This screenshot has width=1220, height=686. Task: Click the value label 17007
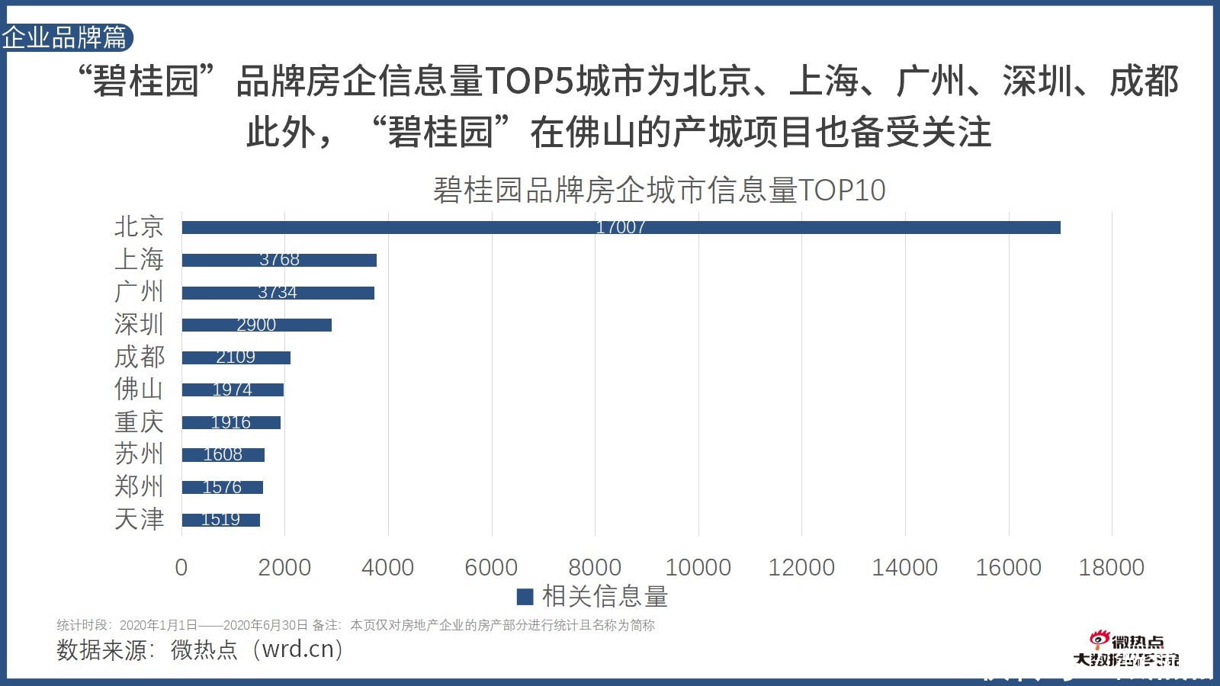click(621, 227)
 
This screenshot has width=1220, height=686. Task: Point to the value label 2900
click(256, 325)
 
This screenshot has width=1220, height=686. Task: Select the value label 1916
click(230, 422)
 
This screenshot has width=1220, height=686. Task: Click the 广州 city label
click(139, 292)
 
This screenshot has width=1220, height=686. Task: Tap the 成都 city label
click(139, 357)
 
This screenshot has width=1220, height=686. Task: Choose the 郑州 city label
click(139, 486)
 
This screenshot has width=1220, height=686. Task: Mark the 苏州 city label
click(139, 454)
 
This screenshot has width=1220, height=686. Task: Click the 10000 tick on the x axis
click(698, 568)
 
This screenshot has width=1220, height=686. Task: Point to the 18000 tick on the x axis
click(1111, 568)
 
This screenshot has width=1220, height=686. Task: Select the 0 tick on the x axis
click(181, 568)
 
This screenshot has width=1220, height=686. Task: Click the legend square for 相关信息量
click(525, 597)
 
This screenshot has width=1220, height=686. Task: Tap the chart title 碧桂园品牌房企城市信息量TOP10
click(659, 191)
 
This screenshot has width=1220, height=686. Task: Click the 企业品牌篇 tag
click(66, 37)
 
